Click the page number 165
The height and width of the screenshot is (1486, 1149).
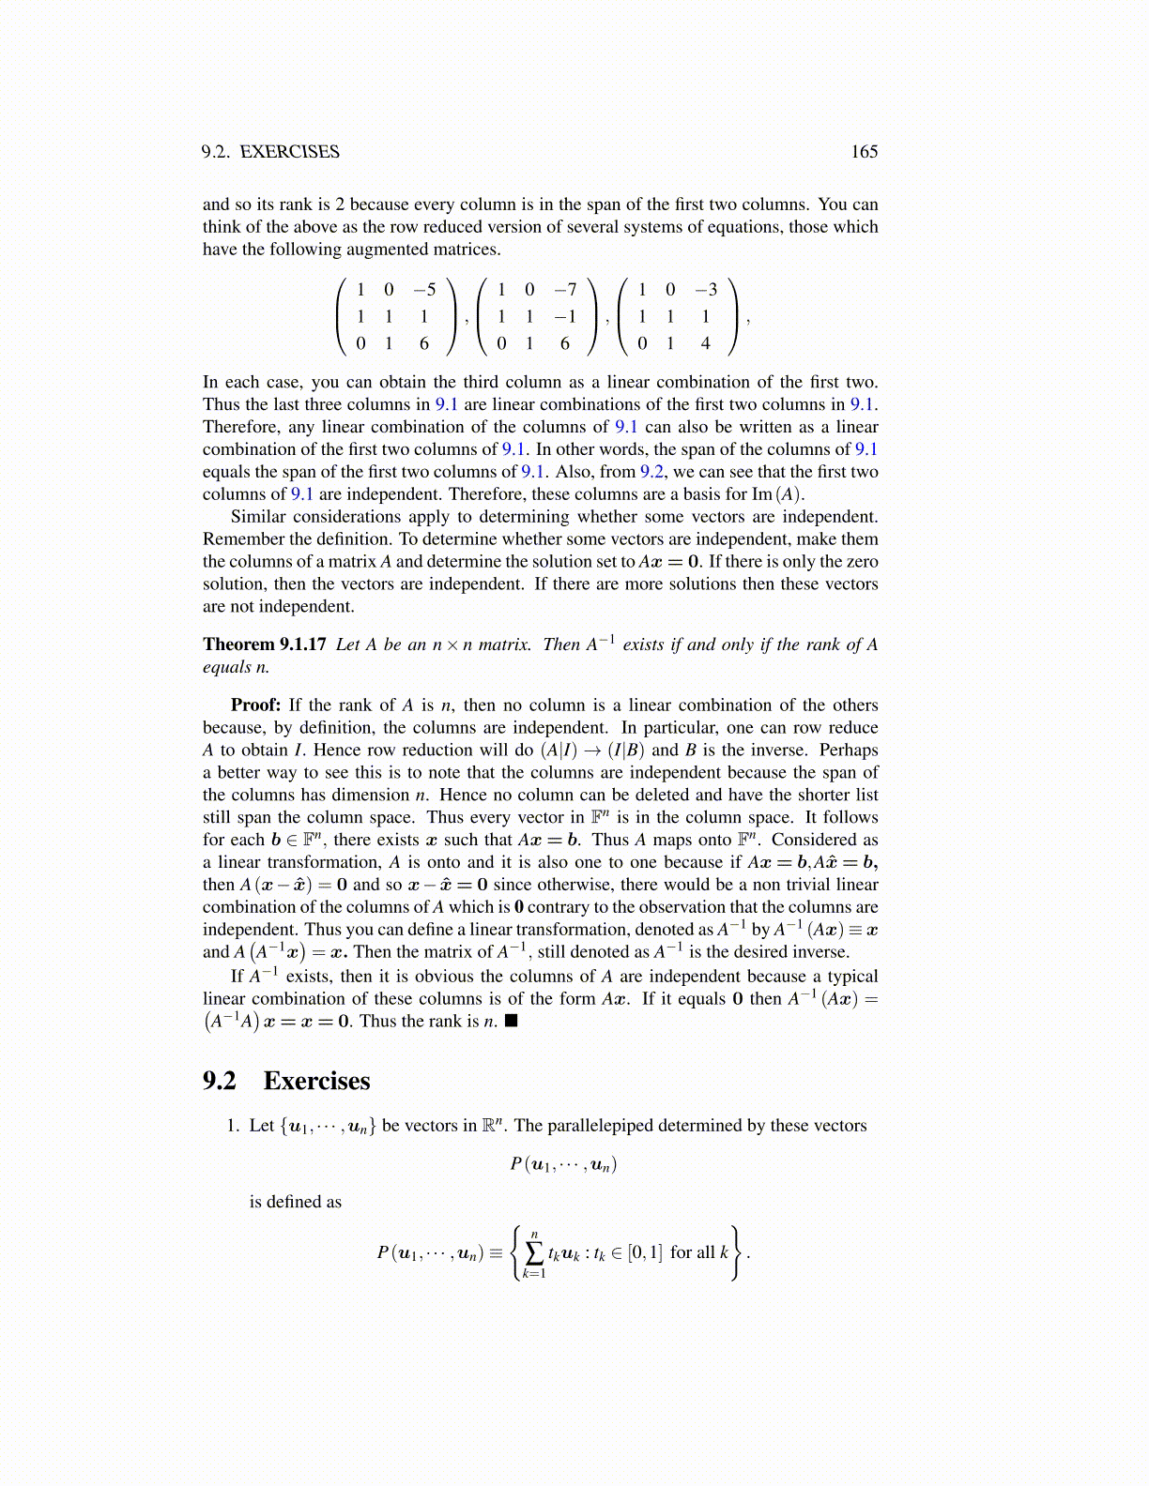[864, 152]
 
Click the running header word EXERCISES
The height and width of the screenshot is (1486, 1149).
[290, 152]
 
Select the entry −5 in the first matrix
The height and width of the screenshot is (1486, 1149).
[424, 290]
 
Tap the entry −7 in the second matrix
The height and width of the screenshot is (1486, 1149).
[565, 290]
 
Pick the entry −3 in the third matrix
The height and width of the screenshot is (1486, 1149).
[706, 290]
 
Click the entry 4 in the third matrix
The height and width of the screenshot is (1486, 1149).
[706, 343]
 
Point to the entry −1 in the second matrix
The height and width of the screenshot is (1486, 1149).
[565, 317]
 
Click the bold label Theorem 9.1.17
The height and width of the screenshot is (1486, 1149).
[265, 644]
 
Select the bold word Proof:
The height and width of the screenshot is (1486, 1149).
[255, 705]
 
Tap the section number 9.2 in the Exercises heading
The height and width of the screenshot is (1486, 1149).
[220, 1081]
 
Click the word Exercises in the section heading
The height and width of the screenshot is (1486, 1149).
[316, 1081]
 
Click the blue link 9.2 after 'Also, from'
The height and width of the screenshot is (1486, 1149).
[651, 472]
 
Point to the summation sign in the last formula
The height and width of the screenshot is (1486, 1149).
[534, 1252]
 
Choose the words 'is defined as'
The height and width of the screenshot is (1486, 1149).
[296, 1202]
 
